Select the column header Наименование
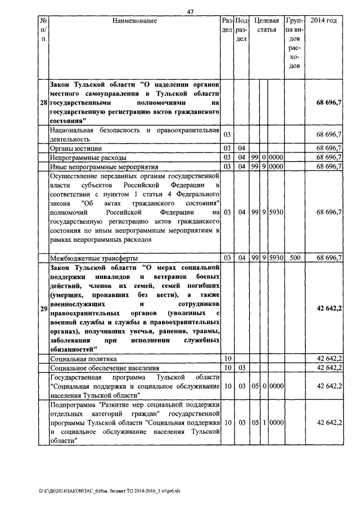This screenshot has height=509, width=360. coord(134,21)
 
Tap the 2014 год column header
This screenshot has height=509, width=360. coord(324,21)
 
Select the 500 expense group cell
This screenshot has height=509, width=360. coord(294,258)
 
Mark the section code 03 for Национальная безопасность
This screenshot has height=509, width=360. coord(227,134)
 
